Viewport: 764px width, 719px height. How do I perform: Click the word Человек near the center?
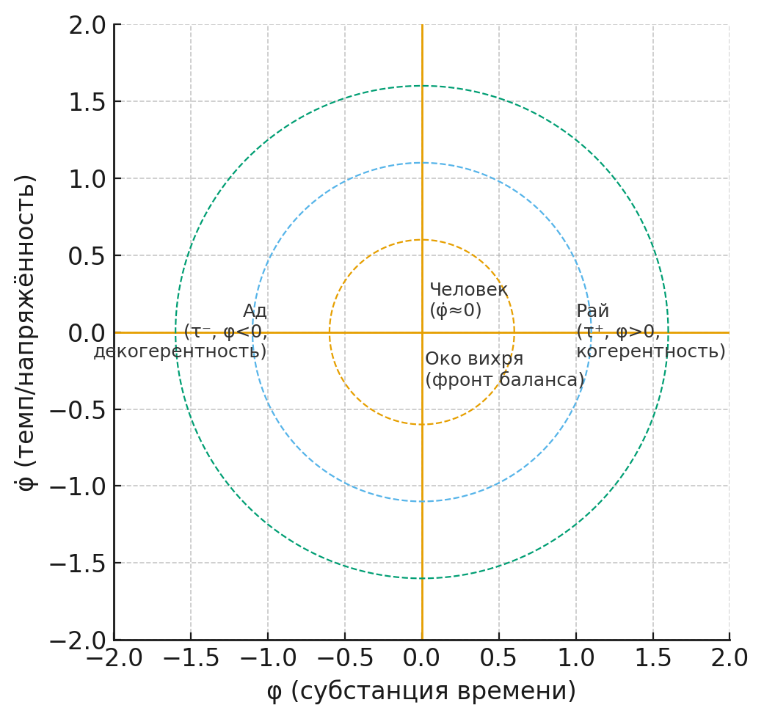[468, 290]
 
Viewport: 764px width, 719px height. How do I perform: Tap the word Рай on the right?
[592, 311]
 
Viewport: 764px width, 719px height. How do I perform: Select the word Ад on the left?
[255, 311]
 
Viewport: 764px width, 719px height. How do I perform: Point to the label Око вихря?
[474, 359]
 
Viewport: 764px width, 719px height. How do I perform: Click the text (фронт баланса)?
[504, 380]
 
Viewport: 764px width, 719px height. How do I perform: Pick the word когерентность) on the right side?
[650, 351]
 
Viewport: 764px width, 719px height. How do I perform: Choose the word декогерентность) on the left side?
[180, 351]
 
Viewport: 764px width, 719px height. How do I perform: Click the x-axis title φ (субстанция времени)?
[421, 691]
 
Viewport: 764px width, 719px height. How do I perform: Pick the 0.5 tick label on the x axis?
[498, 658]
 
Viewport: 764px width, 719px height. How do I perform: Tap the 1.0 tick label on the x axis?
[575, 658]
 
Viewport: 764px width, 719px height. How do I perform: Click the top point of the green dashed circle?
[422, 86]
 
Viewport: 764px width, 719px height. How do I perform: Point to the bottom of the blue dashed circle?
[422, 502]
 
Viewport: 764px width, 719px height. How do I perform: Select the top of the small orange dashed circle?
[422, 240]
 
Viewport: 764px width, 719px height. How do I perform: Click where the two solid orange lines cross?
[422, 332]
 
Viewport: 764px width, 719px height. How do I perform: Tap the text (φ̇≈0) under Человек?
[455, 311]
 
